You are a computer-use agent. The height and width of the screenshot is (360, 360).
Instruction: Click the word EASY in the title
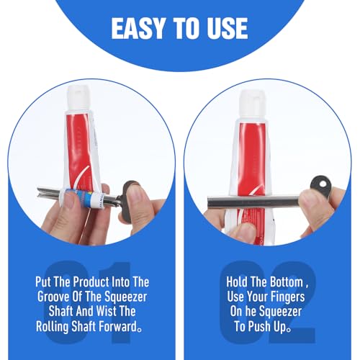138,28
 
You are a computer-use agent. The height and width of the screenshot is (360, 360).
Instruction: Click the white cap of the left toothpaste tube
78,98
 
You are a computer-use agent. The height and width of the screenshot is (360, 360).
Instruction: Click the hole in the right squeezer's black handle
323,185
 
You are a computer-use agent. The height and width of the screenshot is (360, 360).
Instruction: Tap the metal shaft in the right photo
255,202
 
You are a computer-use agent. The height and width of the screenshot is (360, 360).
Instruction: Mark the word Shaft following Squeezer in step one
60,311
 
